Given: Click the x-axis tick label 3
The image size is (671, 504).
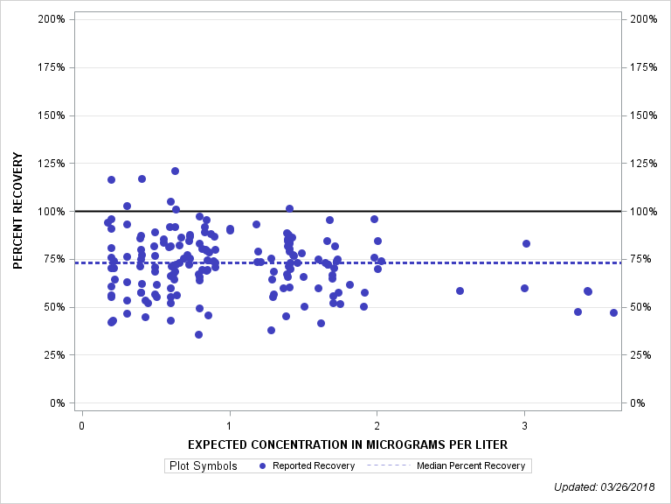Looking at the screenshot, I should (x=524, y=425).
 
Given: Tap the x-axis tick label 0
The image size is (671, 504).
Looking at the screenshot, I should (x=81, y=425).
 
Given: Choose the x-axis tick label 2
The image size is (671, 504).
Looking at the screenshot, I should (x=377, y=425).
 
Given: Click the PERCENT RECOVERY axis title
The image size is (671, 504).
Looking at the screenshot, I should (x=18, y=211).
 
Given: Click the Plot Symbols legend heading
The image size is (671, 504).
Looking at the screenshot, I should (x=204, y=465).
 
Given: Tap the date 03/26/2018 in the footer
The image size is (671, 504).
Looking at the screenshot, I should (x=634, y=486).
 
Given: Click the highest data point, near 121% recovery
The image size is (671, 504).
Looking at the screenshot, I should (x=175, y=171).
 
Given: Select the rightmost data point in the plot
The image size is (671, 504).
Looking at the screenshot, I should (x=613, y=312).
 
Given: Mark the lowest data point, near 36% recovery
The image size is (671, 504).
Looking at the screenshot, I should (x=198, y=334).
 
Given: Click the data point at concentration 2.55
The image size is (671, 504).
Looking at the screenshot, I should (x=460, y=290).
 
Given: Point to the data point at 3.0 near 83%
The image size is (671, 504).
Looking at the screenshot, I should (x=526, y=243).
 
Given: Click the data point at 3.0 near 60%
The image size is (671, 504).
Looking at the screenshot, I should (x=524, y=288).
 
